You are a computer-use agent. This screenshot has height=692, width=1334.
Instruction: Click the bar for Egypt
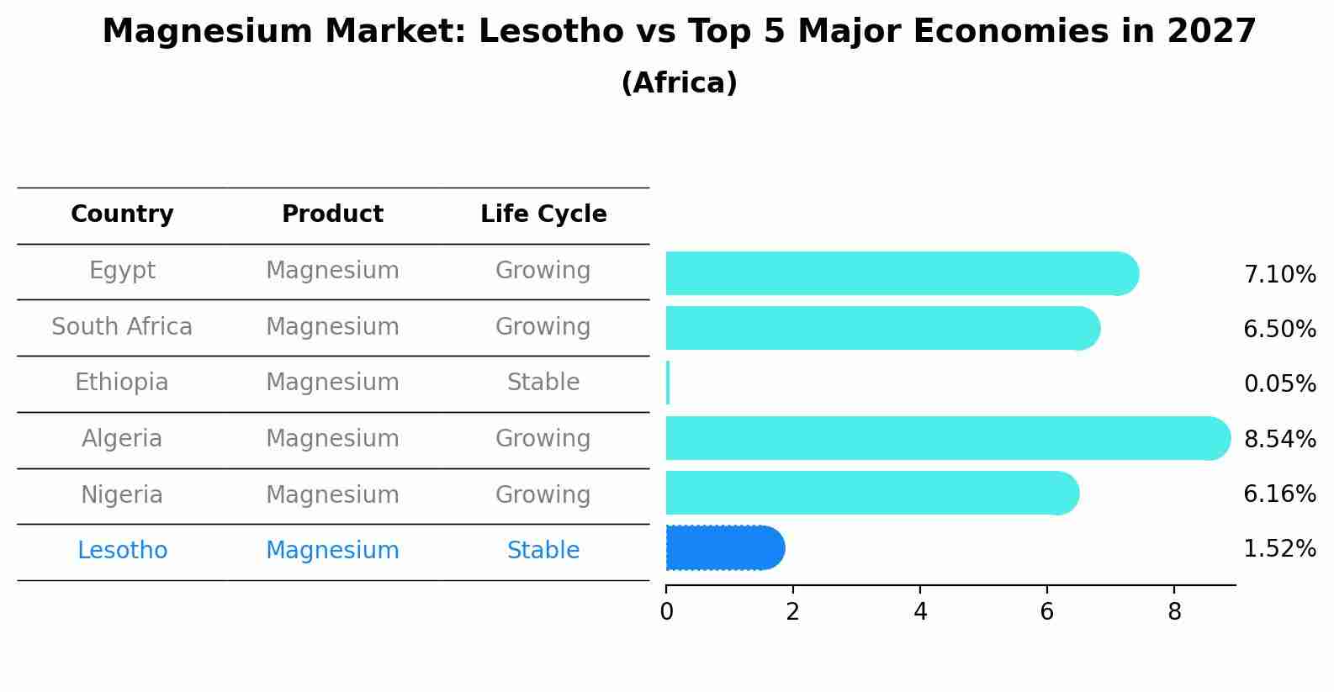[900, 273]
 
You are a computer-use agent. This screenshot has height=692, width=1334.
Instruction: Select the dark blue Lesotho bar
[723, 548]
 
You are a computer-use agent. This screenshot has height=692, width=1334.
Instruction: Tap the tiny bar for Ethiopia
[668, 383]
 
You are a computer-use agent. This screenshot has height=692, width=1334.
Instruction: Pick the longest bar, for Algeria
[946, 438]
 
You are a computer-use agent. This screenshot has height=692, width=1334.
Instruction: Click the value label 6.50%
[1279, 329]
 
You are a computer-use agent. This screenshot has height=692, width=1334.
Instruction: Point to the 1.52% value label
[1279, 549]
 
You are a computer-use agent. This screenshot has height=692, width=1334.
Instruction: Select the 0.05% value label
[1279, 384]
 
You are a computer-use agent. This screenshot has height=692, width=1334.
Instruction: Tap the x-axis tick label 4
[920, 612]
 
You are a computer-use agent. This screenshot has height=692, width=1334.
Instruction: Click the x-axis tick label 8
[1174, 612]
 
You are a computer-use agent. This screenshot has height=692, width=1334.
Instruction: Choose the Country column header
[122, 214]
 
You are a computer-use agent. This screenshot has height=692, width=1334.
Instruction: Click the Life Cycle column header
[543, 214]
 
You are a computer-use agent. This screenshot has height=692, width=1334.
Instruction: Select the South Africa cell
[122, 326]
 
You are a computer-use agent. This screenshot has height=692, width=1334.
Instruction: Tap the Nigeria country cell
[122, 494]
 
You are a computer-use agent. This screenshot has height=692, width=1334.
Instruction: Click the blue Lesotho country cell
[122, 551]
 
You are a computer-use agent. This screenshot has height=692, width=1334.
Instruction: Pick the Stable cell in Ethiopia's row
[543, 383]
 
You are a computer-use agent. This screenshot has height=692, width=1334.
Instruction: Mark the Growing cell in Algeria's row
[543, 438]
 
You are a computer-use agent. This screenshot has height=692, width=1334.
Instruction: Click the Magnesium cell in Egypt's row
[332, 271]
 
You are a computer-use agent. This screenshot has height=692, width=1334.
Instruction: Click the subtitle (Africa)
[679, 83]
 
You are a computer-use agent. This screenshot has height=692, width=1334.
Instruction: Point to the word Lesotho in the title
[536, 32]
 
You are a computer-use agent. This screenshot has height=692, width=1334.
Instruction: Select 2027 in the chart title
[1211, 32]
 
